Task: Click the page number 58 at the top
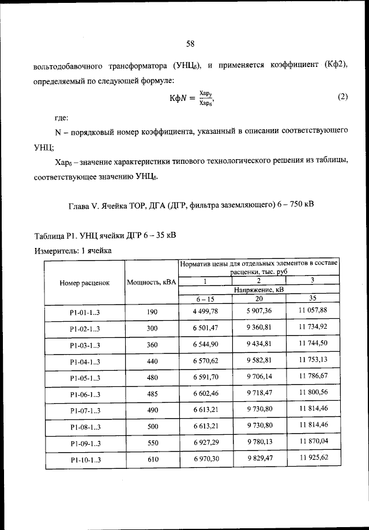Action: tap(191, 43)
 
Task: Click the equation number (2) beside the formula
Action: tap(342, 97)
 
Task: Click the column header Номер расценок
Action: tap(84, 283)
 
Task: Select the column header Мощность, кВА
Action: tap(152, 283)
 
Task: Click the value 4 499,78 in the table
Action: tap(204, 311)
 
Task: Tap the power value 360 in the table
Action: tap(152, 345)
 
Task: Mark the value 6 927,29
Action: tap(204, 443)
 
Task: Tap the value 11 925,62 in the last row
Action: tap(313, 458)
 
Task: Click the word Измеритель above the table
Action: tap(55, 251)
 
